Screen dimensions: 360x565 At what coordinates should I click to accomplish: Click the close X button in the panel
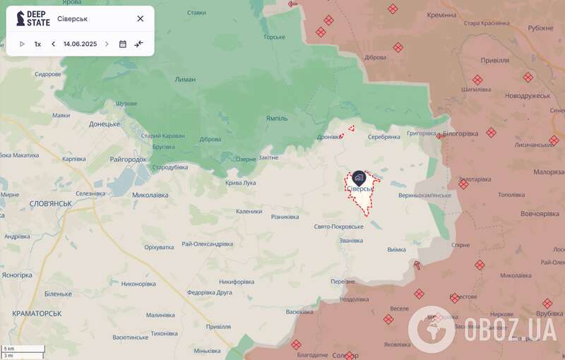click(140, 19)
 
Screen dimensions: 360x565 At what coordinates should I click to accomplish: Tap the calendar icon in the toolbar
click(123, 44)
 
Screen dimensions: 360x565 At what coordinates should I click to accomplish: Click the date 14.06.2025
click(80, 44)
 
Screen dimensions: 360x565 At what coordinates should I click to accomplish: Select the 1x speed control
click(37, 44)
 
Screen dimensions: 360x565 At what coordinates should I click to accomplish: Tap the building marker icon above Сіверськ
click(358, 176)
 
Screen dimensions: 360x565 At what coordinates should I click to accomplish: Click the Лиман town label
click(185, 80)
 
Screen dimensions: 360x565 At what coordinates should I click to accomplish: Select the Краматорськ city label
click(37, 313)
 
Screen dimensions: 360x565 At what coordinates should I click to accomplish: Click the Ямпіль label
click(277, 119)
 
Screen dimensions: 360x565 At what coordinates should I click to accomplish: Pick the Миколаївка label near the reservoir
click(150, 194)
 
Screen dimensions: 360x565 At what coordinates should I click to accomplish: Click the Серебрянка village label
click(384, 137)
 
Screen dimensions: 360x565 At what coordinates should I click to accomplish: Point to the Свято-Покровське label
click(338, 227)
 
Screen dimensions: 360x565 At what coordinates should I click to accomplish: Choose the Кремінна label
click(442, 15)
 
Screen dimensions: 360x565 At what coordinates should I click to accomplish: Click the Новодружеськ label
click(528, 95)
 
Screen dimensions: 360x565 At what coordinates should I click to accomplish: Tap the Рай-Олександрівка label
click(207, 244)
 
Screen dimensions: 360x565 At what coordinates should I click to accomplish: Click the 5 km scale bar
click(23, 349)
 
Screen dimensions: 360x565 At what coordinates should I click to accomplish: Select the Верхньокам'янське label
click(424, 195)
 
